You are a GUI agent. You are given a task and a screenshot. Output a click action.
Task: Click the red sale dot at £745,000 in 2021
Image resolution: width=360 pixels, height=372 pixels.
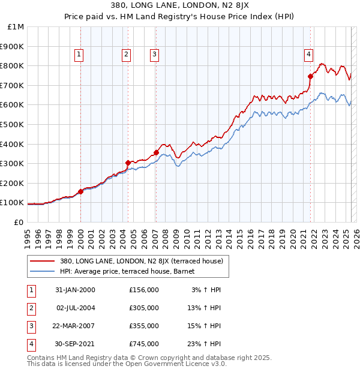point(311,76)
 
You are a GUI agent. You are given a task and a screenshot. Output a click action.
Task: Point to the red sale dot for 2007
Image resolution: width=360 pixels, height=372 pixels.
point(156,152)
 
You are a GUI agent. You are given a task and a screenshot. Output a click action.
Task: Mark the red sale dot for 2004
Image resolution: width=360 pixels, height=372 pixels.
point(128,163)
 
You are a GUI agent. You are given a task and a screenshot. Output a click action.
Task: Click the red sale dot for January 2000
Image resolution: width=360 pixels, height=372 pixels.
point(81,191)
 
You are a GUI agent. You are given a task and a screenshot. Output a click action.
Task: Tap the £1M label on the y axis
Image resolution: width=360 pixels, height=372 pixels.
point(16,27)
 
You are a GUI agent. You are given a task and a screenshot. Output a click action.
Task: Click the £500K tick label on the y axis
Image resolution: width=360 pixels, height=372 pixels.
point(13,124)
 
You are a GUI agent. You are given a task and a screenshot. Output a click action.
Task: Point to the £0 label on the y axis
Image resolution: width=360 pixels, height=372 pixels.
point(19,222)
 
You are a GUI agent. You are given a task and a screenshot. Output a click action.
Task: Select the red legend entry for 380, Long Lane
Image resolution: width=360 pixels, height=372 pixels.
point(142,262)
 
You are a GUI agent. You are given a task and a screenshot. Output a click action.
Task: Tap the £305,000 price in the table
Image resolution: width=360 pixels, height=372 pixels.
point(144,308)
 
